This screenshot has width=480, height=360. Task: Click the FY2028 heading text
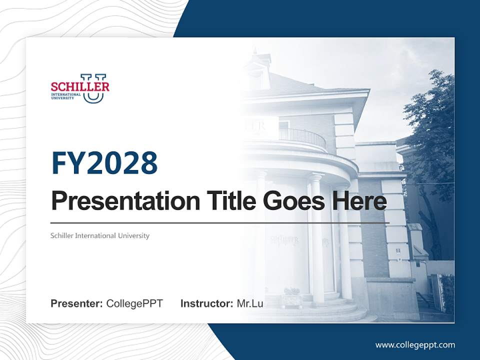click(x=104, y=163)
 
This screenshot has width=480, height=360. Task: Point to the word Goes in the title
click(x=290, y=201)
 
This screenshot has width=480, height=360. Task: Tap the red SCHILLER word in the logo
click(x=79, y=86)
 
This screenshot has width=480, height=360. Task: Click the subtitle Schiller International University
click(x=100, y=235)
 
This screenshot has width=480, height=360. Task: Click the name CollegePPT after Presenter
click(x=134, y=303)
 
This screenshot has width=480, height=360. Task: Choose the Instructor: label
click(x=206, y=303)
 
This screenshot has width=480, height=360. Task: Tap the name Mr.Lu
click(x=250, y=303)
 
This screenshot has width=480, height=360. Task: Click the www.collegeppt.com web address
click(x=415, y=344)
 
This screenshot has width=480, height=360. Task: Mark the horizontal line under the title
click(x=220, y=222)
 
